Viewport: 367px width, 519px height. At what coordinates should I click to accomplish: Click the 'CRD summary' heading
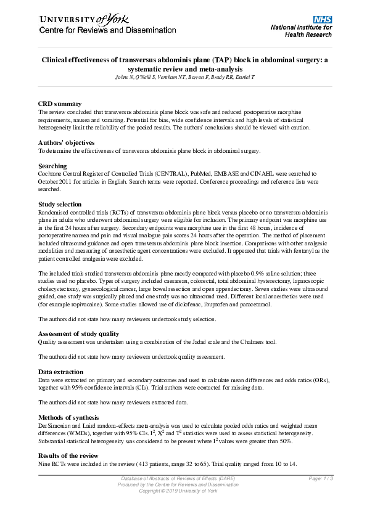click(60, 104)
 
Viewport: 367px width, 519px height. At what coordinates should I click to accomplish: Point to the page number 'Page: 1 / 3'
click(321, 478)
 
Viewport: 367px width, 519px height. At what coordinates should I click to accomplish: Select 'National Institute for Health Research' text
click(302, 31)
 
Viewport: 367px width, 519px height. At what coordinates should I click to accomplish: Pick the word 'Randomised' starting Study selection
click(54, 211)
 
